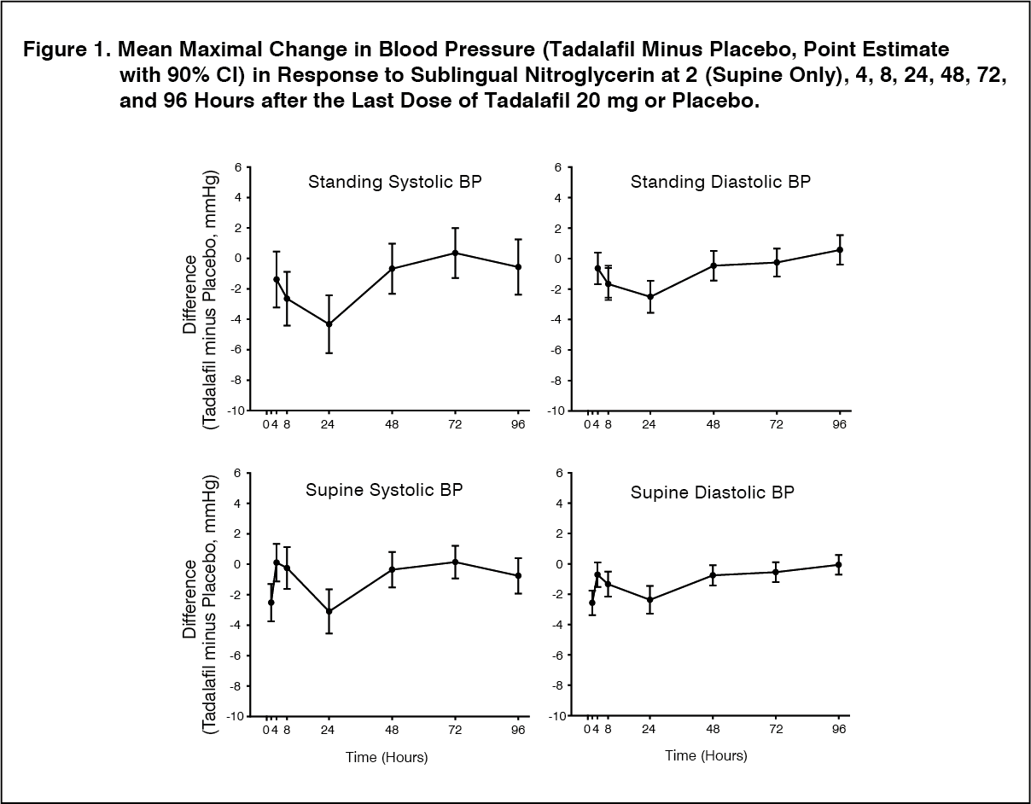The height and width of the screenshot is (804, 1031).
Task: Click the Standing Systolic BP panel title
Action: pyautogui.click(x=395, y=182)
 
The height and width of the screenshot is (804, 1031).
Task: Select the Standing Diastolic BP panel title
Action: pyautogui.click(x=720, y=182)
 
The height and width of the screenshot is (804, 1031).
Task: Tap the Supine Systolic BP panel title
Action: pyautogui.click(x=384, y=490)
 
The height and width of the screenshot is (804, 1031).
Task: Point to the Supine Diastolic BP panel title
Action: pyautogui.click(x=712, y=492)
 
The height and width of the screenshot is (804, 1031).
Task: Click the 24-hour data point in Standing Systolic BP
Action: pyautogui.click(x=329, y=324)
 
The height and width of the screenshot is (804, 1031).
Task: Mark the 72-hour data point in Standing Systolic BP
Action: pyautogui.click(x=455, y=253)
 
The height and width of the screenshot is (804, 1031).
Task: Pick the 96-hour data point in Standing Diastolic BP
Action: pyautogui.click(x=840, y=249)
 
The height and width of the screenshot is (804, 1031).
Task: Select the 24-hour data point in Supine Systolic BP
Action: pyautogui.click(x=329, y=611)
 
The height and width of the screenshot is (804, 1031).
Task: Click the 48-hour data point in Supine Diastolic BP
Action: pyautogui.click(x=713, y=575)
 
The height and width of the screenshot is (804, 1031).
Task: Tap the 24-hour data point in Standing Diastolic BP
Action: pyautogui.click(x=650, y=296)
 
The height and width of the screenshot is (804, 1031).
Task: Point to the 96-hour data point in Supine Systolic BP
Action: pyautogui.click(x=518, y=575)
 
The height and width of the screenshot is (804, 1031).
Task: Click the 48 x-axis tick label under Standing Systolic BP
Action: pyautogui.click(x=392, y=424)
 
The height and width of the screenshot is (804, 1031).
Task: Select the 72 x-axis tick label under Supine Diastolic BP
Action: pyautogui.click(x=776, y=729)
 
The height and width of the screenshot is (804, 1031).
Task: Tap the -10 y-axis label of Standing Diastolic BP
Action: pyautogui.click(x=556, y=411)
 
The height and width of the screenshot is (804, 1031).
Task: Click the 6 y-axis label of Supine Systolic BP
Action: pyautogui.click(x=238, y=473)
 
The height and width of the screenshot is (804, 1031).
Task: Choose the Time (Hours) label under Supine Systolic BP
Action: pyautogui.click(x=387, y=758)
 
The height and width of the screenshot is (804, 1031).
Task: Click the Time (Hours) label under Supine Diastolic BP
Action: pyautogui.click(x=706, y=755)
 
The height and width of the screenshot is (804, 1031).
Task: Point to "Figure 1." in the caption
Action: pyautogui.click(x=67, y=50)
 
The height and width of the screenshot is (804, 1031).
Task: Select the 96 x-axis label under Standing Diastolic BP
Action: pyautogui.click(x=839, y=424)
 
